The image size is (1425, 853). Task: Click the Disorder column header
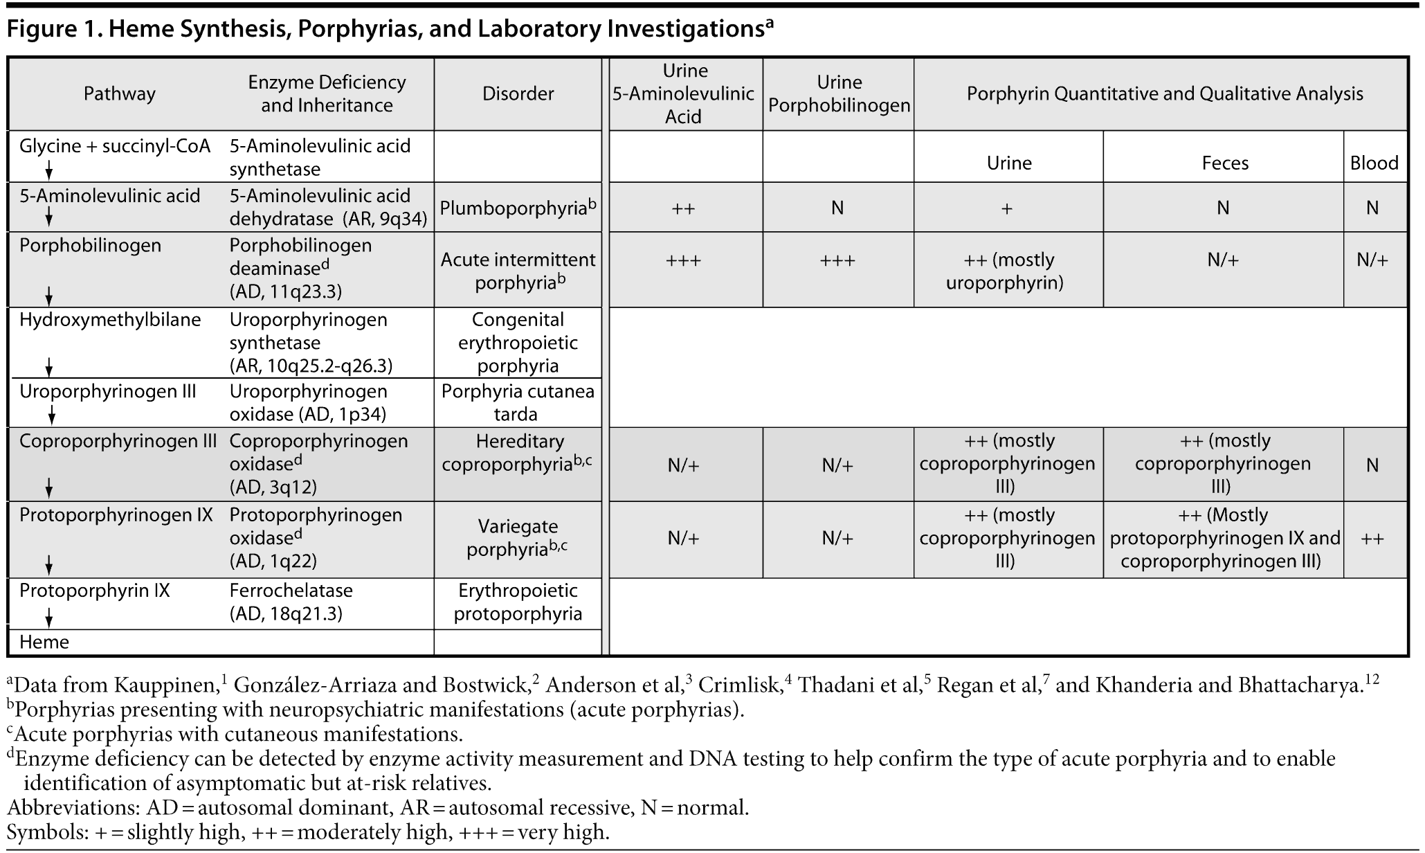(518, 93)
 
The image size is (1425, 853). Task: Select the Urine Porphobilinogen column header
(839, 93)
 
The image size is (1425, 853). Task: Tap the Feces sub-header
(1224, 163)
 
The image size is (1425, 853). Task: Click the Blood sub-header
(1374, 163)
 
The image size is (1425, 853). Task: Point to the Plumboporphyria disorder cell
(518, 208)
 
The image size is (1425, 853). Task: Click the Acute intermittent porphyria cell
(518, 271)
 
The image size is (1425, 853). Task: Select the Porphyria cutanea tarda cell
(518, 402)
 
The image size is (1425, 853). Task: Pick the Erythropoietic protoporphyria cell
(518, 602)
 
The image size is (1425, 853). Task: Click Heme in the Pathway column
(44, 642)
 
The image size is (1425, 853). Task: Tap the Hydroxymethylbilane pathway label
(110, 320)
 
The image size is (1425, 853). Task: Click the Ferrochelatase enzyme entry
(291, 591)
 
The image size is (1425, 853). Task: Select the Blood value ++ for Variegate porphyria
(1372, 539)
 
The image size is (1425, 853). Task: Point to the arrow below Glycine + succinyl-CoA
(49, 170)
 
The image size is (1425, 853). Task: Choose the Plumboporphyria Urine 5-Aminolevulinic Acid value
(683, 208)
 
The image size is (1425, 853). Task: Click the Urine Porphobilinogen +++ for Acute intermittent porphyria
(837, 260)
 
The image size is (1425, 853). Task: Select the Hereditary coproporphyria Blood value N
(1372, 465)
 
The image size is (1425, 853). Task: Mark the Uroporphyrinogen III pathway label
(108, 391)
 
